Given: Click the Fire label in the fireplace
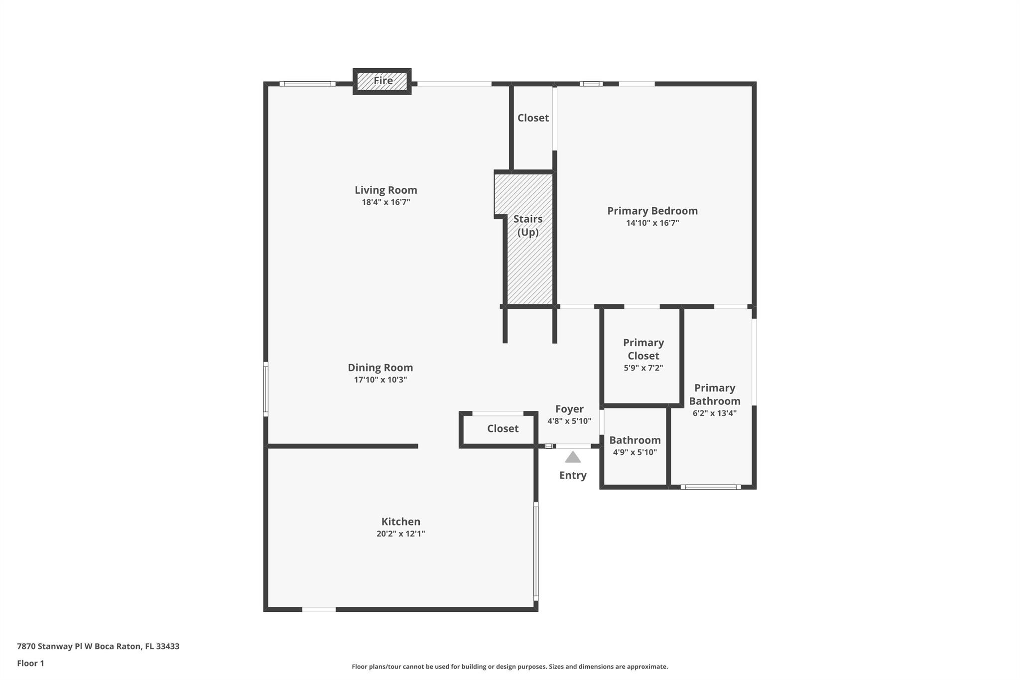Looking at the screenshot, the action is [383, 80].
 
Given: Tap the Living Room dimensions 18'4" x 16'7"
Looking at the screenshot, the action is [386, 202].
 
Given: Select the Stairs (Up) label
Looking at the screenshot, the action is [528, 226].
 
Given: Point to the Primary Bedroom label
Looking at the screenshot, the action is [652, 211].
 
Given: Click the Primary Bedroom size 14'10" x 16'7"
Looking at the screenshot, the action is [652, 223].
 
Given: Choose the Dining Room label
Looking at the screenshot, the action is [381, 368].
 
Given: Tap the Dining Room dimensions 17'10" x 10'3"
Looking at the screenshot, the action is [381, 380].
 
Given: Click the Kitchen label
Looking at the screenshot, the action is [401, 522].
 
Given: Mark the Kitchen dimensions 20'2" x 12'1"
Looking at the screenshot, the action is [401, 534].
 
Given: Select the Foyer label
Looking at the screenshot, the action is [569, 409].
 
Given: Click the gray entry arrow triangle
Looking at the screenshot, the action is [573, 457].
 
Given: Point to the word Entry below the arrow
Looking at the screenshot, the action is [573, 475].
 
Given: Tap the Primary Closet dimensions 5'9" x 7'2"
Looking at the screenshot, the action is [643, 368].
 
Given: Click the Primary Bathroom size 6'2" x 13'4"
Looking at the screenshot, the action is [715, 413].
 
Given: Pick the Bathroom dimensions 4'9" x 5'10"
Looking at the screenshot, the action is [635, 452].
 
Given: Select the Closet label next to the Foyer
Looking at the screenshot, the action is [503, 428].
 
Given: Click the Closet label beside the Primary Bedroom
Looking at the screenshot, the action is [533, 118].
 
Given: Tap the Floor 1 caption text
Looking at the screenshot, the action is [30, 663].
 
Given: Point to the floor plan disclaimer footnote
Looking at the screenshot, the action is [510, 667].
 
